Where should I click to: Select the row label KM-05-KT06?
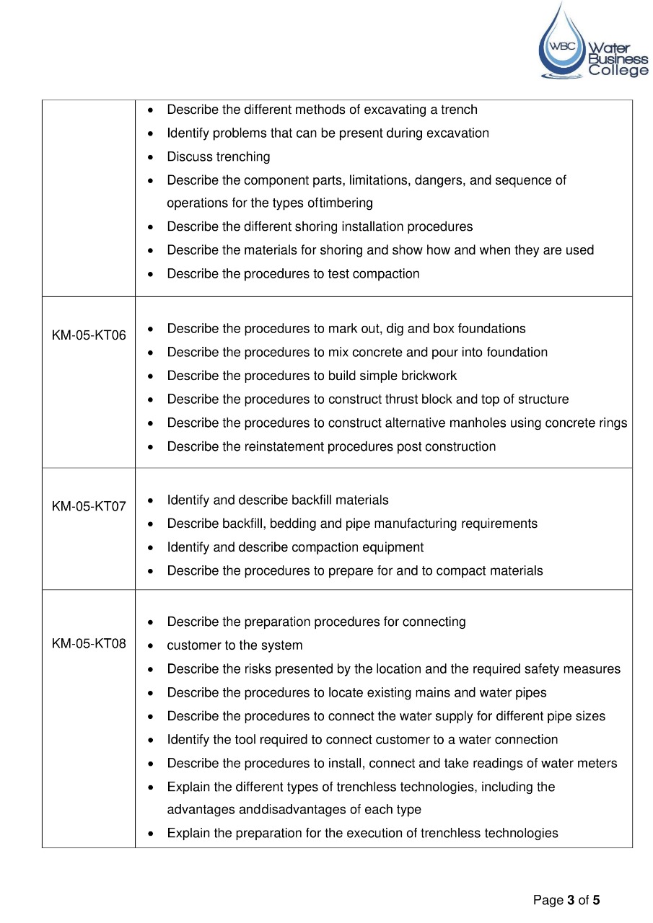point(89,335)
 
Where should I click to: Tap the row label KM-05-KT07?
point(89,506)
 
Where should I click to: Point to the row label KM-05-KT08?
point(89,644)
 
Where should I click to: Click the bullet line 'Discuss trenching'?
point(218,156)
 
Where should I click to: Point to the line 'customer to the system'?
point(235,645)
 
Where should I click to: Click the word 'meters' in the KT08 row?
point(598,763)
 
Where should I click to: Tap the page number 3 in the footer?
point(571,900)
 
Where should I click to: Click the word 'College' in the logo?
point(618,71)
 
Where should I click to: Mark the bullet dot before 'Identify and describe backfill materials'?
point(149,500)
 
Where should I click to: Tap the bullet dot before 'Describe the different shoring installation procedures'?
point(149,227)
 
